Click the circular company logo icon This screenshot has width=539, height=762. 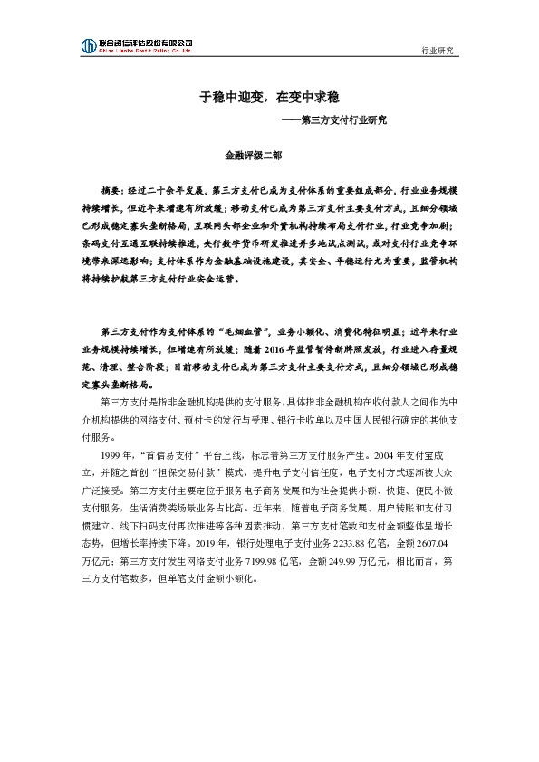click(88, 45)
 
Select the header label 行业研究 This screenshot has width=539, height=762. click(439, 51)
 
